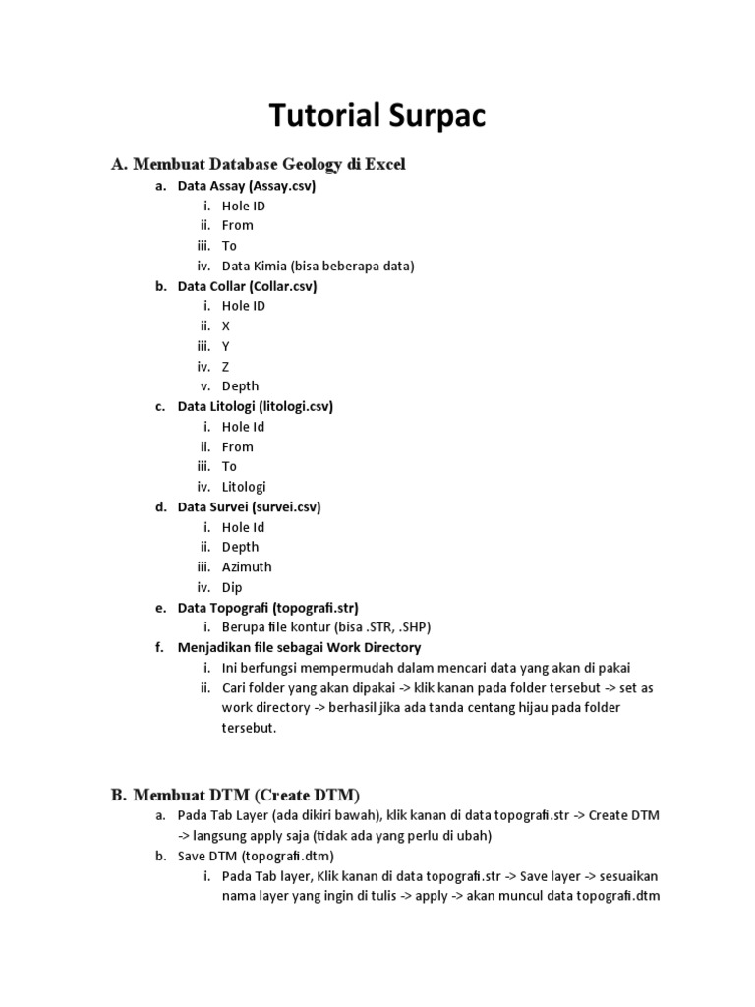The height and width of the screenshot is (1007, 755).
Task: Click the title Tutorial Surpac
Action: tap(377, 116)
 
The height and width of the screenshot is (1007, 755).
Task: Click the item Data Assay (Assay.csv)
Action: tap(246, 186)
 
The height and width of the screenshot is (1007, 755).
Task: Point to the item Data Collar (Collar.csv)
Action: tap(247, 286)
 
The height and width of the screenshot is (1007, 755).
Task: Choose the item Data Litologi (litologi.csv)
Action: tap(255, 406)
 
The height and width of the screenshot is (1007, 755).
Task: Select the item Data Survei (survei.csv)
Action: tap(249, 507)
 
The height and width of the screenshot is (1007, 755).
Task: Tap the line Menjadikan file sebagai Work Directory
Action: tap(299, 648)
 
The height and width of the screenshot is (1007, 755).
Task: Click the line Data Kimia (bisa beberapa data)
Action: tap(318, 266)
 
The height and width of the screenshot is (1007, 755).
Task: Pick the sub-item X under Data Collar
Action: tap(226, 326)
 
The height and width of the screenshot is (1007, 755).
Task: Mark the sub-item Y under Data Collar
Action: tap(226, 346)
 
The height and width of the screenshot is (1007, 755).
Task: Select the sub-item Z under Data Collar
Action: tap(226, 367)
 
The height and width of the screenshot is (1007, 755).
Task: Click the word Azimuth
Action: tap(247, 567)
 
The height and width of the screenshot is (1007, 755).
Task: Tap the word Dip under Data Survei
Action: tap(232, 587)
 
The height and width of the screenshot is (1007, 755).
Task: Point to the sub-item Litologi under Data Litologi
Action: tap(244, 487)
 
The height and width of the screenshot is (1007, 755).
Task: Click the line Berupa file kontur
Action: tap(325, 627)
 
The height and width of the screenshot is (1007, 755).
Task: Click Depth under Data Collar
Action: tap(240, 386)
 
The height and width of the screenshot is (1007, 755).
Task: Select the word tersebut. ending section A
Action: tap(250, 729)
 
